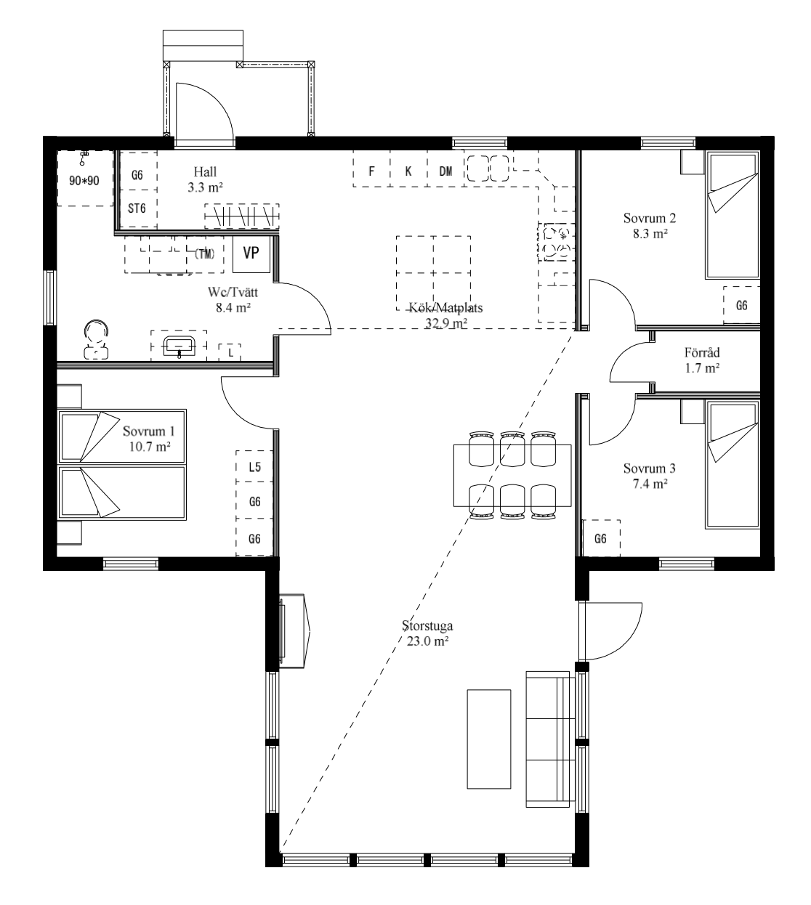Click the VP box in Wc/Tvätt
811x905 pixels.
251,253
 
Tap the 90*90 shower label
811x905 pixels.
84,181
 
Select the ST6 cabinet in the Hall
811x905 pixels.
137,208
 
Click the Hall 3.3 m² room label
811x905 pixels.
205,179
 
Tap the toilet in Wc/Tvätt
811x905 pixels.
96,339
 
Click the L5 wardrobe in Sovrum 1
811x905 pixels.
254,466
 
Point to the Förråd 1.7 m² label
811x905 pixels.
702,360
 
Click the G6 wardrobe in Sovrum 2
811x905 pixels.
742,305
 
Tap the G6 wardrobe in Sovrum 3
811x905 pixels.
601,538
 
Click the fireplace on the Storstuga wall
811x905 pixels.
294,631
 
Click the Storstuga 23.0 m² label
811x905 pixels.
427,633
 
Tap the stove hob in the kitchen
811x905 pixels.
556,242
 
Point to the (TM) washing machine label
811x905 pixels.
205,254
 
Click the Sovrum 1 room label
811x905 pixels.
149,439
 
